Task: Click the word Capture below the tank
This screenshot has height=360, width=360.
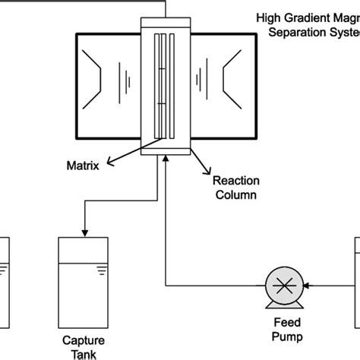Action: tap(84, 340)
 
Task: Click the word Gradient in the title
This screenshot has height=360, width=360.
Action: tap(305, 14)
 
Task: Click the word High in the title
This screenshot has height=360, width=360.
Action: tap(268, 14)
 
